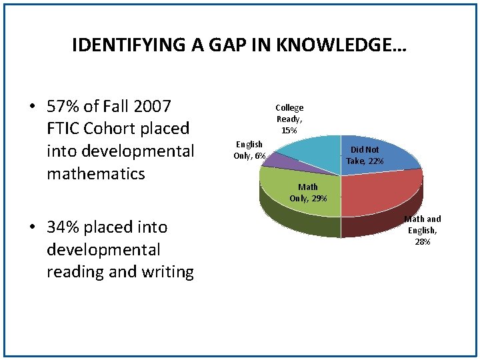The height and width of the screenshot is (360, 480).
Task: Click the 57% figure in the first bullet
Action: click(63, 106)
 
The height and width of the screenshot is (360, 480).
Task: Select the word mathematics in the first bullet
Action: click(95, 174)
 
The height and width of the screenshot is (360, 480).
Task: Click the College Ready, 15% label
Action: click(289, 119)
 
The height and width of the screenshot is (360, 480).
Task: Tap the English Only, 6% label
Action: click(249, 150)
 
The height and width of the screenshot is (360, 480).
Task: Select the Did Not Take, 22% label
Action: click(365, 155)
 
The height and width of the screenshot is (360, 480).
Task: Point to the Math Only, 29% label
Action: click(308, 193)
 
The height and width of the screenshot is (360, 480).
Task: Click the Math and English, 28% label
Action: click(422, 230)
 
